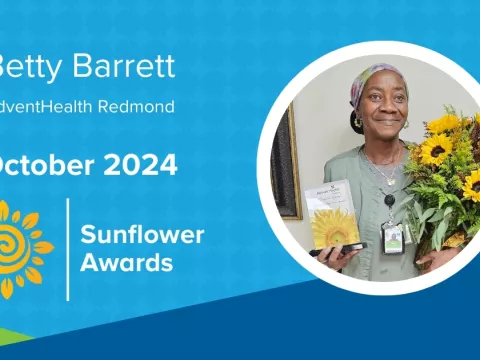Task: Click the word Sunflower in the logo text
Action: point(143,236)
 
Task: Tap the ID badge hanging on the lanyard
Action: point(391,237)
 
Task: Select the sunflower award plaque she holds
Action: point(334,215)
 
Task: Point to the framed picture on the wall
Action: point(287,160)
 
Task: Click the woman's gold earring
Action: point(356,123)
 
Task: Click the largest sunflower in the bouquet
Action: point(435,150)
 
